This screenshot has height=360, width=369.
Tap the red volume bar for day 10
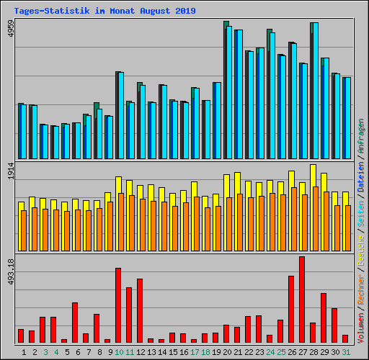[118, 305]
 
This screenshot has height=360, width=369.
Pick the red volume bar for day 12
[140, 310]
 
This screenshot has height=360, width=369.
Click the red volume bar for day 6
[75, 323]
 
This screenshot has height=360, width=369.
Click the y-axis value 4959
[11, 30]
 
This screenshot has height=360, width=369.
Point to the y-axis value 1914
[11, 173]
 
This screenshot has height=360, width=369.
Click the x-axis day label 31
[346, 352]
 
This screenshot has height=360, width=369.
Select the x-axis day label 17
[195, 352]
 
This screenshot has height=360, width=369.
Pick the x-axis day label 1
[24, 352]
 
